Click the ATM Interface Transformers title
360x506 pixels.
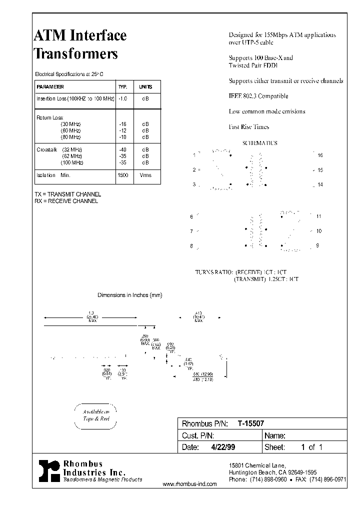coord(80,44)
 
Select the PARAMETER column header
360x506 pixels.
coord(50,86)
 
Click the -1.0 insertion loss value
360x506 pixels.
coord(123,99)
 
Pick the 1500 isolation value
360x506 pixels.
coord(123,175)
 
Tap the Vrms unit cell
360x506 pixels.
coord(145,175)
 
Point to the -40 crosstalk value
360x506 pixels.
coord(123,149)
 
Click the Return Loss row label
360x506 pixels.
coord(47,118)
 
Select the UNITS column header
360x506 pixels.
coord(145,86)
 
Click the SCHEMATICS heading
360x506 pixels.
coord(259,143)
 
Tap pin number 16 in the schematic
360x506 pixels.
coord(320,155)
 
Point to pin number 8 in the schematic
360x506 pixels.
coord(191,246)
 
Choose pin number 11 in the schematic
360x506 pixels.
coord(319,216)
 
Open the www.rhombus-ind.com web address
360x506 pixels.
coord(190,484)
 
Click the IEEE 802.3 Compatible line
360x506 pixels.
coord(258,96)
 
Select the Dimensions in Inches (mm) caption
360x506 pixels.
coord(129,295)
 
